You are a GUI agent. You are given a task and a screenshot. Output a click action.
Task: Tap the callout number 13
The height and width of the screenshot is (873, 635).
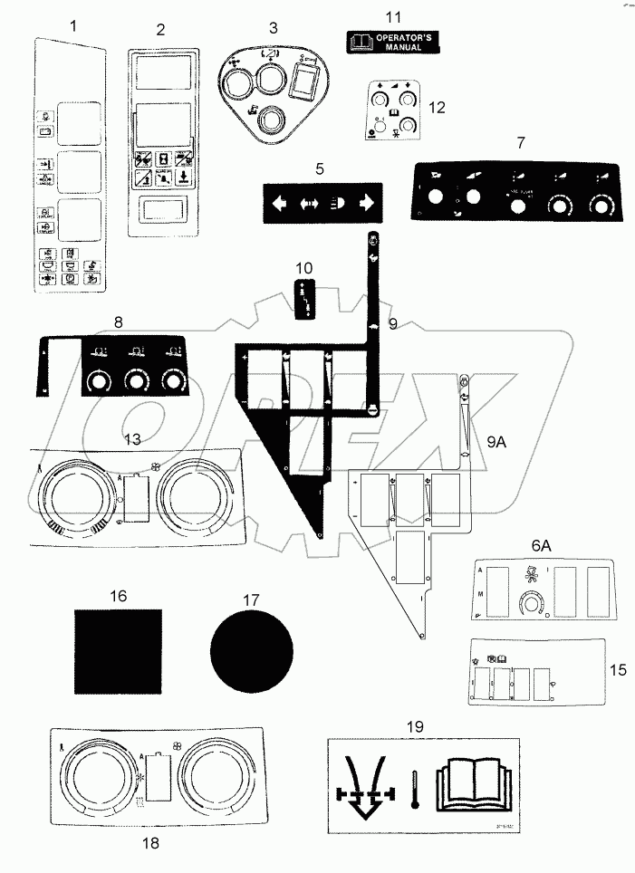tap(132, 438)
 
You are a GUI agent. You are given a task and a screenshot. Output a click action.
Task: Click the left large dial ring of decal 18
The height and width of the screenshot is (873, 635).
tap(96, 776)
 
